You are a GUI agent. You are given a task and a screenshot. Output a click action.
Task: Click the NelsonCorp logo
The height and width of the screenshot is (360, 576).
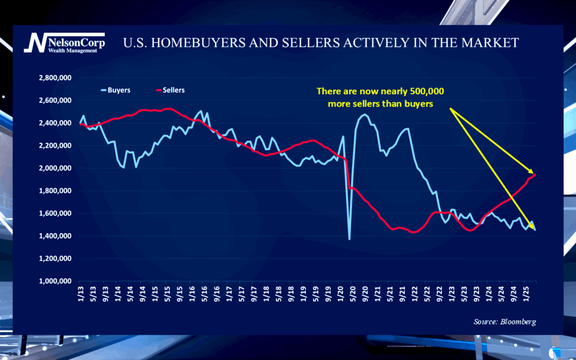(64, 42)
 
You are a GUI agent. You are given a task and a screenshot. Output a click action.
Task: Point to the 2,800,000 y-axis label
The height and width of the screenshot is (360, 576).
(56, 78)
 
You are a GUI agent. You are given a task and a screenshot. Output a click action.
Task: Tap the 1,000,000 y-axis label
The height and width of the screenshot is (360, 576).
(56, 281)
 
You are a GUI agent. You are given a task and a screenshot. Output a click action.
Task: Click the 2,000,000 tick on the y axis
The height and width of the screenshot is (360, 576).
(56, 168)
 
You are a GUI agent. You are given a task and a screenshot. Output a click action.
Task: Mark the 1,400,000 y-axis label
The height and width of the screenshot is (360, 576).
(56, 236)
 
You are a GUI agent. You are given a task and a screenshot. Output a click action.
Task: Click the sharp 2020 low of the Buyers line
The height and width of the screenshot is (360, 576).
(350, 239)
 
